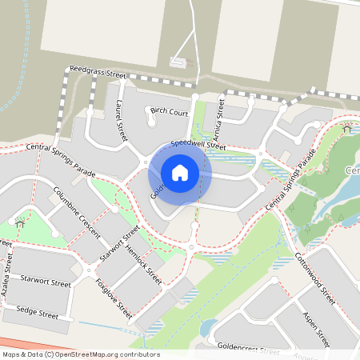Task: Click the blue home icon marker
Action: click(180, 173)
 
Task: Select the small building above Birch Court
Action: click(178, 61)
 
